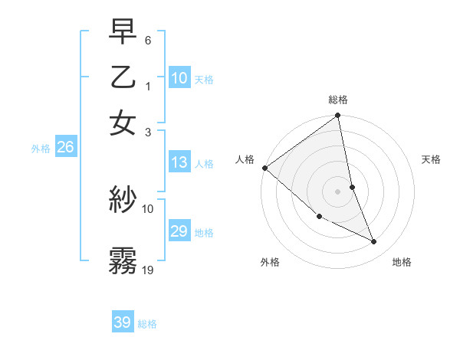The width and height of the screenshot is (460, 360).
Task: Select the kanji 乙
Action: tap(123, 77)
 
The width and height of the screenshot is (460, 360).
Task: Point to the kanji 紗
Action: tap(123, 200)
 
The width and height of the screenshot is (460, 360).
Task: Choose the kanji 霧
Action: tap(123, 260)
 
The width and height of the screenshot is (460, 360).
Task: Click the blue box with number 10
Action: tap(179, 78)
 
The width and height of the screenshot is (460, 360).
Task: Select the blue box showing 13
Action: tap(179, 162)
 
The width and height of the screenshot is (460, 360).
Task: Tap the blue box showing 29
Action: tap(179, 231)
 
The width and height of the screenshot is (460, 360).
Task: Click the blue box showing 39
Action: tap(123, 322)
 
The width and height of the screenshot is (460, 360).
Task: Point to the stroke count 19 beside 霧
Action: tap(148, 270)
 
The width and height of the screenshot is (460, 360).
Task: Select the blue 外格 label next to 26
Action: tap(41, 149)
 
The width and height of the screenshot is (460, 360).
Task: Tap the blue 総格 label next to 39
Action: tap(147, 324)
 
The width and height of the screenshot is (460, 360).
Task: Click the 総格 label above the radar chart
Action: tap(338, 100)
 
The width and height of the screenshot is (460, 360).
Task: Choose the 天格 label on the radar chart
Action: tap(431, 159)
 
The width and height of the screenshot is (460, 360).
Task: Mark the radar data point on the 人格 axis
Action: tap(264, 168)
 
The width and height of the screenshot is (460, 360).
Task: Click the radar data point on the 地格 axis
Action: tap(374, 242)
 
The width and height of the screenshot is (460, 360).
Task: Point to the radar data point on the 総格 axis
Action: tap(338, 116)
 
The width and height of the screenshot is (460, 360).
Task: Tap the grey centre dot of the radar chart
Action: tap(338, 191)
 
